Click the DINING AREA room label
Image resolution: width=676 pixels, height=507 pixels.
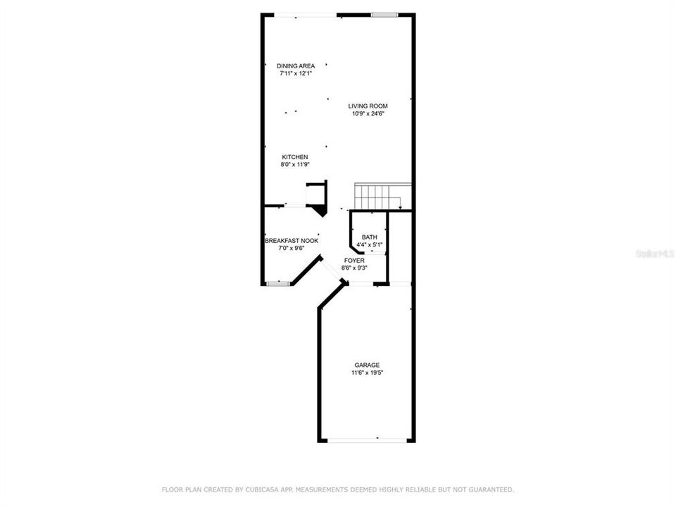point(295,65)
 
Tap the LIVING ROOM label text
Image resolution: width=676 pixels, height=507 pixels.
point(368,106)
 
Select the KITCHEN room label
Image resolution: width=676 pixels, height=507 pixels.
point(295,157)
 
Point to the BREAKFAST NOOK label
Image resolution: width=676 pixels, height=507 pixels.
point(292,241)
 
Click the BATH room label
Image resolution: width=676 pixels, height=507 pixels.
point(370,237)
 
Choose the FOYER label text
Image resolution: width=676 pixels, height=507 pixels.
point(354,261)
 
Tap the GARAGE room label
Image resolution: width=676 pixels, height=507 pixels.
point(367,365)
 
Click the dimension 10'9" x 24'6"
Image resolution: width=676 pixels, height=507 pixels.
point(368,114)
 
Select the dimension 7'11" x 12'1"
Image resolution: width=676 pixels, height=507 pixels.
point(295,73)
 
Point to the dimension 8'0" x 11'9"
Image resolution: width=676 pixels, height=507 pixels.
point(295,165)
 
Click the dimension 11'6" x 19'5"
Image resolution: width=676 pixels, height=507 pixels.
point(367,373)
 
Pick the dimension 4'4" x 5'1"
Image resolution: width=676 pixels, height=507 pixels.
point(370,245)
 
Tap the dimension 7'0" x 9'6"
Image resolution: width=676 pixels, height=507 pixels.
point(292,248)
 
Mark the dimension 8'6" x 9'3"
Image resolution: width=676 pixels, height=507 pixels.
point(354,268)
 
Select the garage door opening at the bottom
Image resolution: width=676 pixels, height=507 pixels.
point(367,441)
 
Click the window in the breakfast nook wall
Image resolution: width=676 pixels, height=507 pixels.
point(278,283)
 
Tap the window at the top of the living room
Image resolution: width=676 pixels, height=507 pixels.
point(384,14)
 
